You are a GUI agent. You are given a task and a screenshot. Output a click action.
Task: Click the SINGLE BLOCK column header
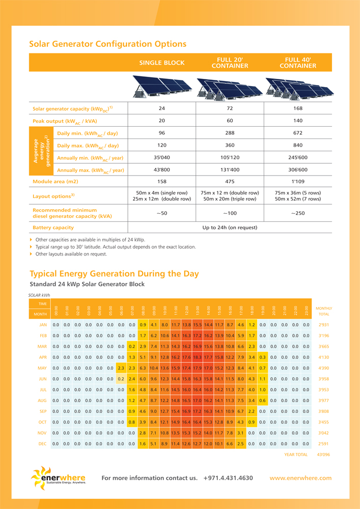162,63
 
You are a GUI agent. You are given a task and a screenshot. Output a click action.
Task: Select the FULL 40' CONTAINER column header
298,63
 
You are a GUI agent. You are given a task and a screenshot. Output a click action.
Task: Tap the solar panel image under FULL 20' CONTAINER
230,87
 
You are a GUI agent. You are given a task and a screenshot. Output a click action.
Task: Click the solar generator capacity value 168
298,108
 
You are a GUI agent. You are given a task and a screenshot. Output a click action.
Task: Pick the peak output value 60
230,121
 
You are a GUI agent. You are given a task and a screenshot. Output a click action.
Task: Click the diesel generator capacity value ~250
298,213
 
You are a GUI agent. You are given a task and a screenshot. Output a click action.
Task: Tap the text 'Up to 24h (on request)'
230,228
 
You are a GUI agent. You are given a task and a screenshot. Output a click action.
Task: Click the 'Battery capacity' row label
53,228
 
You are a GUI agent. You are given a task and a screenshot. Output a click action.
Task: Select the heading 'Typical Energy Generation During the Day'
114,274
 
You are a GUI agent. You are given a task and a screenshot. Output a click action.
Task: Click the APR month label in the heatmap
43,357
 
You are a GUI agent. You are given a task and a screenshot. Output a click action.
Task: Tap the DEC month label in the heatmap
43,444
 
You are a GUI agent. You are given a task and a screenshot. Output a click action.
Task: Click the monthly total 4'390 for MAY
323,367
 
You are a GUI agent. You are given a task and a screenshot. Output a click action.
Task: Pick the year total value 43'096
323,455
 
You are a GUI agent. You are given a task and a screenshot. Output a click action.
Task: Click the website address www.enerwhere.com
300,478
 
